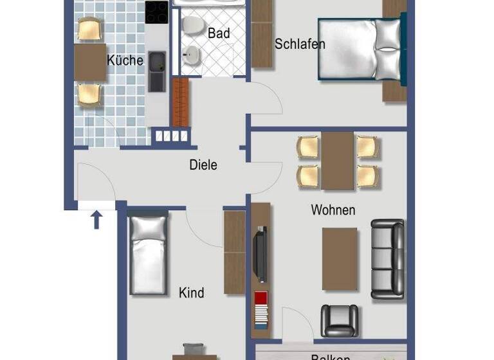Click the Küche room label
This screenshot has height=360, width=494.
(x=125, y=60)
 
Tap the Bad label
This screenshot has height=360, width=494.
(x=219, y=33)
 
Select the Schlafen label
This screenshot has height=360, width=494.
(x=300, y=44)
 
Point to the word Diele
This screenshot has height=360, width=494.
(x=203, y=165)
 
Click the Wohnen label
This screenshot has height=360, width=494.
(x=333, y=210)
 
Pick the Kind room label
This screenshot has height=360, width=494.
(x=192, y=293)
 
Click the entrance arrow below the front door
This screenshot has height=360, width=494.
(x=96, y=220)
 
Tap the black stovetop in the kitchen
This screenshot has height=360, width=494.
(x=156, y=12)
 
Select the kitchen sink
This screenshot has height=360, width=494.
(x=157, y=71)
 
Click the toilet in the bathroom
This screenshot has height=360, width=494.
(x=190, y=25)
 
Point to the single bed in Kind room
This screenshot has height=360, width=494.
(x=149, y=255)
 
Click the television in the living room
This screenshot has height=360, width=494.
(x=260, y=253)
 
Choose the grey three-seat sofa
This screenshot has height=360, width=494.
(x=388, y=258)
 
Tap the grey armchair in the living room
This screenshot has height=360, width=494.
(x=339, y=320)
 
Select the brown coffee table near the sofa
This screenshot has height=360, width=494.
(x=340, y=258)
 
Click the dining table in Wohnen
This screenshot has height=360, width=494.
(x=338, y=161)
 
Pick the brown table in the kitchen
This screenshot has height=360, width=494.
(x=90, y=62)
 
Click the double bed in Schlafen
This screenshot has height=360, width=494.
(x=360, y=50)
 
